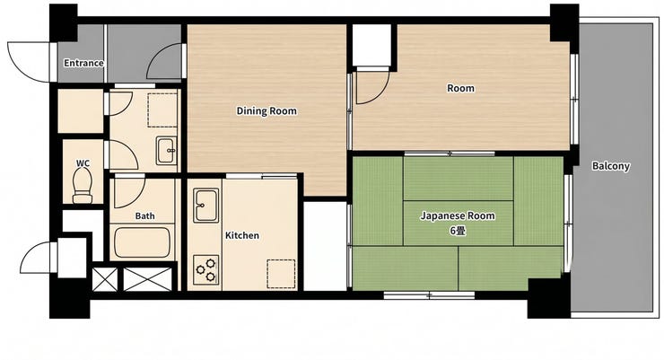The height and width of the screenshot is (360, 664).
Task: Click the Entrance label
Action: coord(83,63)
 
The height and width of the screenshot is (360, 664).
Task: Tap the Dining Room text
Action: coord(266,111)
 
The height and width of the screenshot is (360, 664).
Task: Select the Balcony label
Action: coord(610,166)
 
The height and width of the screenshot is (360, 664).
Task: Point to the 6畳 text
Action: coord(458,231)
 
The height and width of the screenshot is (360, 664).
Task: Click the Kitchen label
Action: coord(241,235)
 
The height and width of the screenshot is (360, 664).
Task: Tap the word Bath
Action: coord(144,216)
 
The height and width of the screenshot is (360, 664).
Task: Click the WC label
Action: coord(83,163)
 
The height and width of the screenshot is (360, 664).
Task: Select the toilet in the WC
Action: coord(83,186)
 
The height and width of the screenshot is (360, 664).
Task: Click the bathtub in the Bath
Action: coord(143,242)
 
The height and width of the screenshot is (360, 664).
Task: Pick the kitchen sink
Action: coord(206,206)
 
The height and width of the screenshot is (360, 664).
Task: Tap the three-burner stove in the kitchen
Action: coord(206,270)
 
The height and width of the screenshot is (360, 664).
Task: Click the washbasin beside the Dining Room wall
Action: coord(166,151)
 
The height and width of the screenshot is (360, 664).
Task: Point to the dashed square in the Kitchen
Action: coord(281,274)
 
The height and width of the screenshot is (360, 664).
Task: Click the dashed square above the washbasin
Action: coord(162,110)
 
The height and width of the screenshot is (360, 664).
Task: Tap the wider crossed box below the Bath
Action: coord(148,279)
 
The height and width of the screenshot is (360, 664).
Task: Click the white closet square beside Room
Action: coord(371,45)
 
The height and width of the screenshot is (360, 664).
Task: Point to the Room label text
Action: coord(460,89)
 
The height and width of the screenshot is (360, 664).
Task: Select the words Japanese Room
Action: coord(458,216)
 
